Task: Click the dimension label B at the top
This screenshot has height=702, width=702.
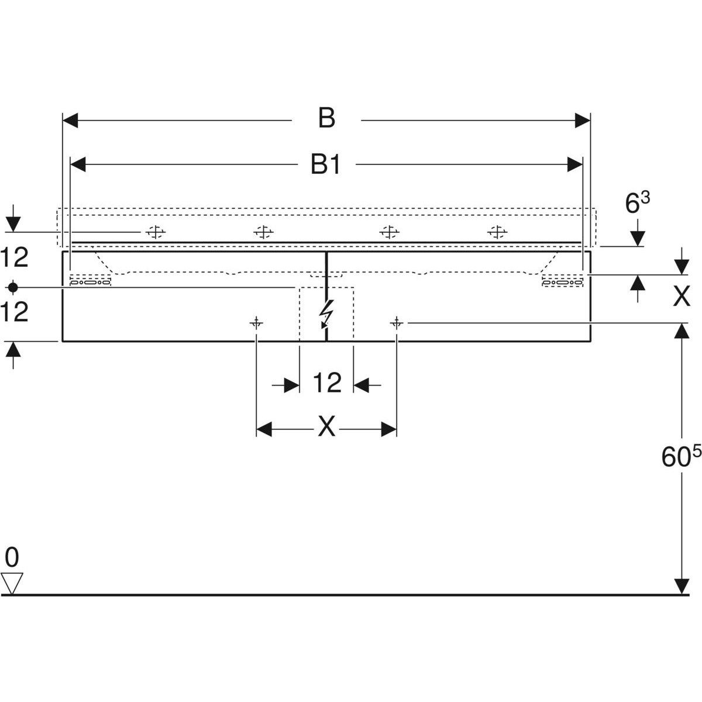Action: click(x=326, y=118)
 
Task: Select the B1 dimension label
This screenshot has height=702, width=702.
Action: click(x=325, y=166)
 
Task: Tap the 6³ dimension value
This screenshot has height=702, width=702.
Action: click(x=637, y=203)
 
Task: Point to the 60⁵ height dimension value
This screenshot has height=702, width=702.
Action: click(x=680, y=456)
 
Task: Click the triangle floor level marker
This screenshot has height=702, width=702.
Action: click(x=12, y=583)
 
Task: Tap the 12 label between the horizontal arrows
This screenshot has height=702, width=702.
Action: click(x=326, y=384)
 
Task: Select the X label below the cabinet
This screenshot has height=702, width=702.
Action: click(x=326, y=427)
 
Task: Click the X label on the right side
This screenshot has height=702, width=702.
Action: click(x=681, y=297)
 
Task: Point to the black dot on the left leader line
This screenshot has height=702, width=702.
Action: click(x=12, y=287)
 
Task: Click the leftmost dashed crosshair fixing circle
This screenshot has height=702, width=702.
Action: click(x=155, y=233)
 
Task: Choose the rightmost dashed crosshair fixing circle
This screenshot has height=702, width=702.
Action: click(x=497, y=233)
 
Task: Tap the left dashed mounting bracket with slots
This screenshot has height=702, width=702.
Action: click(x=90, y=280)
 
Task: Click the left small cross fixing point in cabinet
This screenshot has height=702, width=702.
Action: click(x=256, y=322)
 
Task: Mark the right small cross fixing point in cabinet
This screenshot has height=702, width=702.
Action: click(x=397, y=322)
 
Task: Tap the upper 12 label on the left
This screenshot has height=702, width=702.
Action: click(x=15, y=257)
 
